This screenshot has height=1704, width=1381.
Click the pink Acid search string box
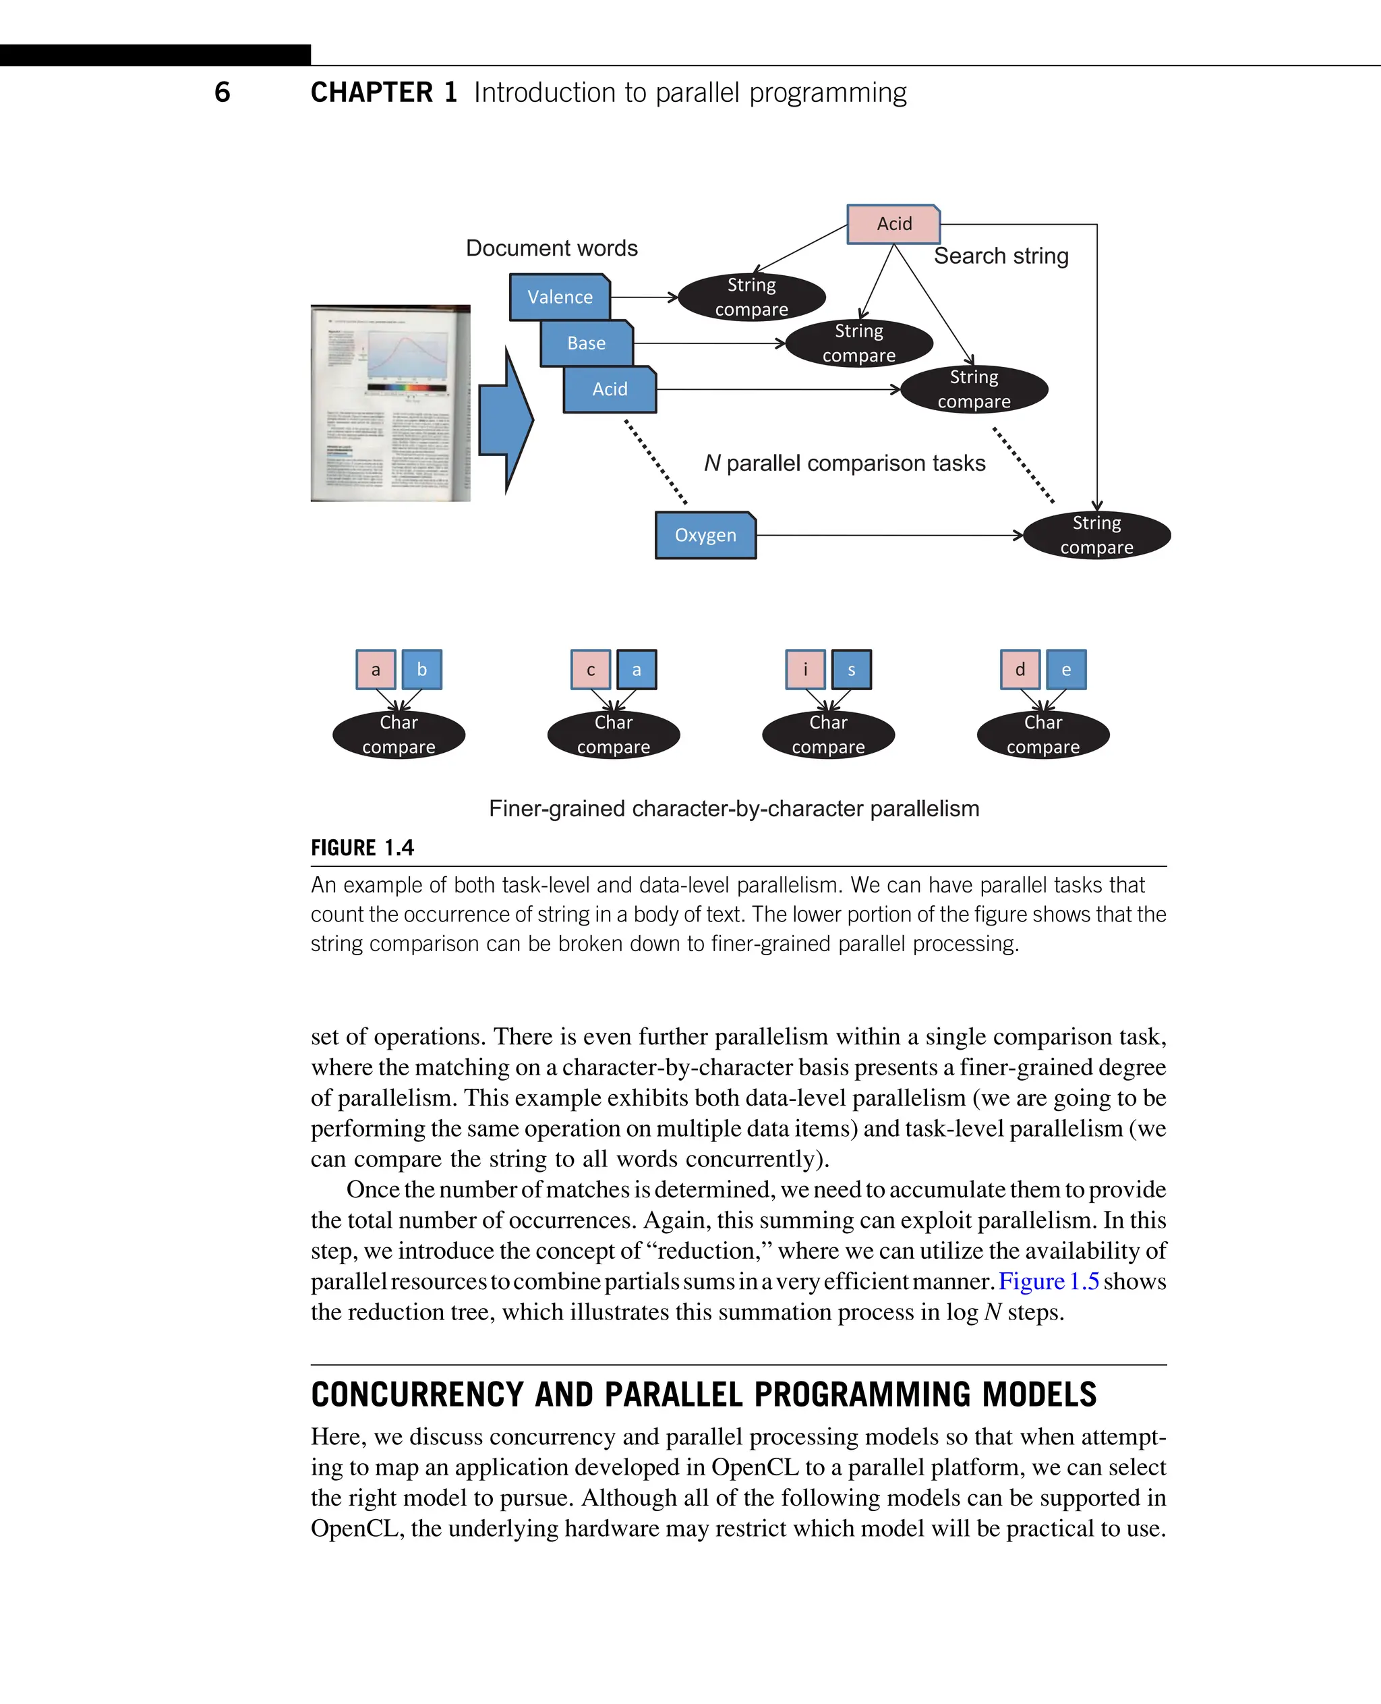893,224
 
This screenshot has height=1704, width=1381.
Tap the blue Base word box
586,343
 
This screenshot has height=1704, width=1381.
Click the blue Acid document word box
610,389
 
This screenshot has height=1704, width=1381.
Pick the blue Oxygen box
705,535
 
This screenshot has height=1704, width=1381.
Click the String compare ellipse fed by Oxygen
1096,535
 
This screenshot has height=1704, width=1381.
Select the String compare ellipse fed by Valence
751,297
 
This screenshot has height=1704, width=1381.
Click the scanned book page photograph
390,403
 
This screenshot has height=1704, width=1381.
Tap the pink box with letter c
590,669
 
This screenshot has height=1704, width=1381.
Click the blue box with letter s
851,669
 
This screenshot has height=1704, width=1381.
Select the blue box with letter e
1066,669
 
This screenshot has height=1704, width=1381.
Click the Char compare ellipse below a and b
399,735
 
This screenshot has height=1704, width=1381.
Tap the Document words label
552,248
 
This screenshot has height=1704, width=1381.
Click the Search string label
1001,256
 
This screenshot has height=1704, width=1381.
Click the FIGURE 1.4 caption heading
362,848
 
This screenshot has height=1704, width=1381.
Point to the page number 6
223,92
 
